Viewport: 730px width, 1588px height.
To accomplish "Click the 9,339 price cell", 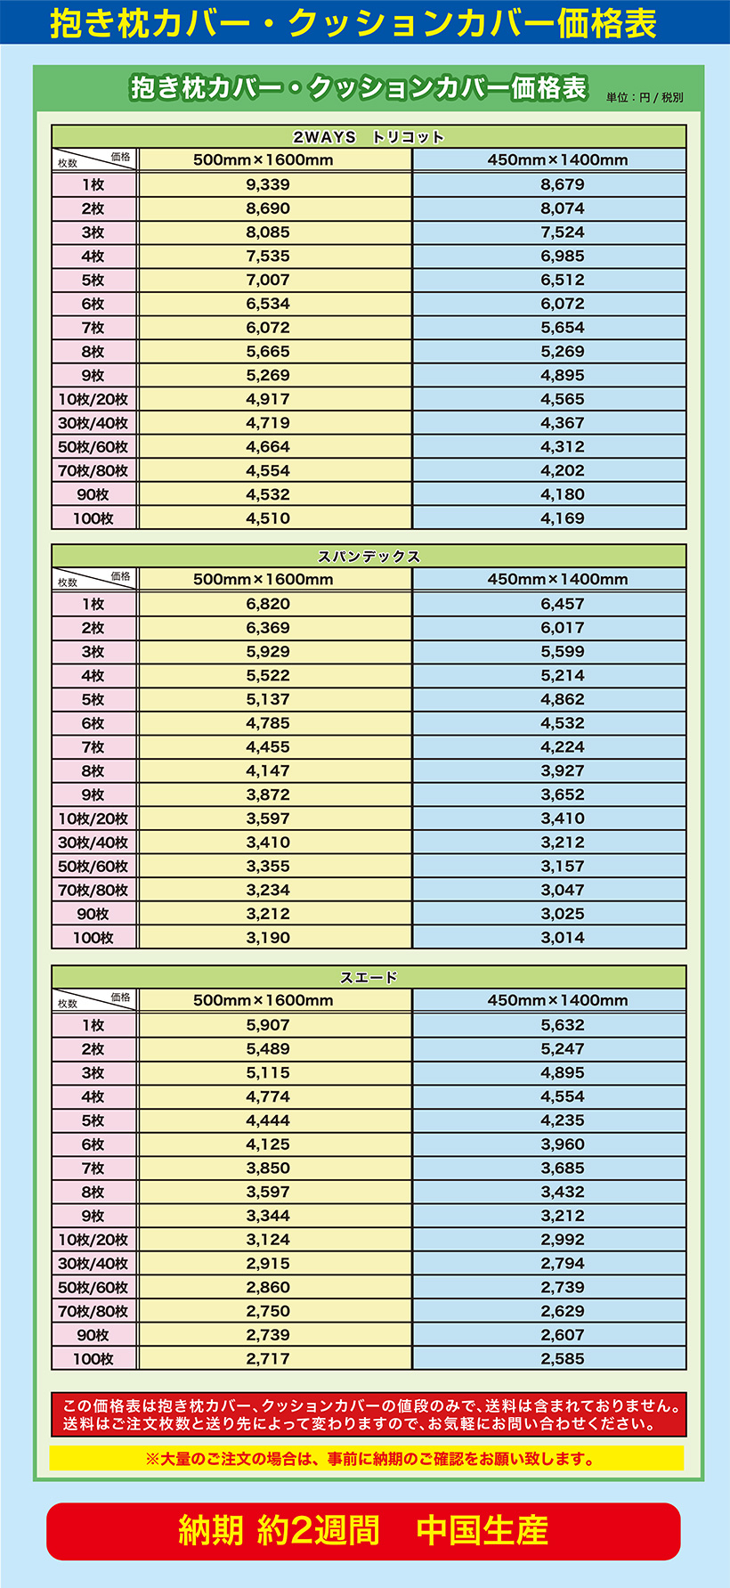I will point(268,184).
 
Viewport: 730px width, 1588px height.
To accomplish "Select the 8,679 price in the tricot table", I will point(562,184).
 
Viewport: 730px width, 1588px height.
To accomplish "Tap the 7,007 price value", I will point(268,280).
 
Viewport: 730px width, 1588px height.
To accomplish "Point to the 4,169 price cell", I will point(562,518).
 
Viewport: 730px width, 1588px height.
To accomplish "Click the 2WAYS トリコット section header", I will point(369,137).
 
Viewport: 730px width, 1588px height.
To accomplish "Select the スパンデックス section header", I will point(369,557).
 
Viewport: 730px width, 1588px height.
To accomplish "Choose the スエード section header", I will point(369,977).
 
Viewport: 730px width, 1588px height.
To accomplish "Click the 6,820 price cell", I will point(268,604).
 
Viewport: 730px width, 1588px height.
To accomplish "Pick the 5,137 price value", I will point(268,699).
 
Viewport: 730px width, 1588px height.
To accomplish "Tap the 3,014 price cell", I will point(562,938).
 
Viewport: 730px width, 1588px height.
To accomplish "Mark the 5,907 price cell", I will point(268,1025).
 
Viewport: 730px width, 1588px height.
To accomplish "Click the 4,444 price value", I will point(268,1120).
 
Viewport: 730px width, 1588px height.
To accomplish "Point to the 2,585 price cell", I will point(562,1359).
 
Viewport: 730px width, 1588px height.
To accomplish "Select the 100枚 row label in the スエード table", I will point(93,1359).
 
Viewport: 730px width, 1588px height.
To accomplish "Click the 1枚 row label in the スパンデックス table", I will point(93,604).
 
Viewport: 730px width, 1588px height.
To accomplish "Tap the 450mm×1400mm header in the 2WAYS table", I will point(557,160).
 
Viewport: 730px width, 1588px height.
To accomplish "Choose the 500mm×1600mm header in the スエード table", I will point(264,1000).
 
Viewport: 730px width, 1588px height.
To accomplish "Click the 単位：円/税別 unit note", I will point(645,98).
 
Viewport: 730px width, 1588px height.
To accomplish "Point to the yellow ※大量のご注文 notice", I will point(367,1459).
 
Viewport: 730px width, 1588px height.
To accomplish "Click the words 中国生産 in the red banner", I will point(482,1530).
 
